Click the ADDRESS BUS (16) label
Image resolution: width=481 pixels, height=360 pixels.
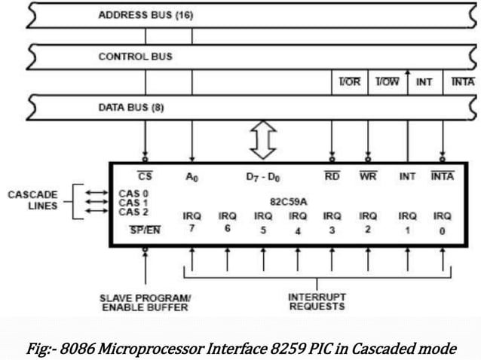[x=146, y=15]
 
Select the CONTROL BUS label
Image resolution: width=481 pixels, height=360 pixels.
[x=135, y=56]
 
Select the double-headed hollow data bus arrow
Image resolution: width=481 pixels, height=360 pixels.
[x=263, y=141]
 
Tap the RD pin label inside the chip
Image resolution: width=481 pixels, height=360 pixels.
[x=332, y=178]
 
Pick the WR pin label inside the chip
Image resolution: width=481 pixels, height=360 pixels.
[x=367, y=178]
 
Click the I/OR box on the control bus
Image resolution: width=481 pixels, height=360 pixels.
[x=350, y=81]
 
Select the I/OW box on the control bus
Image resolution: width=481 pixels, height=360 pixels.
[x=388, y=81]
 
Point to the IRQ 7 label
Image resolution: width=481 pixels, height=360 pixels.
[x=192, y=221]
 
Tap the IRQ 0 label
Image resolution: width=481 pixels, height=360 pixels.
[x=441, y=221]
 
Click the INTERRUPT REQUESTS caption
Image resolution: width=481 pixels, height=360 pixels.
[x=316, y=301]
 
